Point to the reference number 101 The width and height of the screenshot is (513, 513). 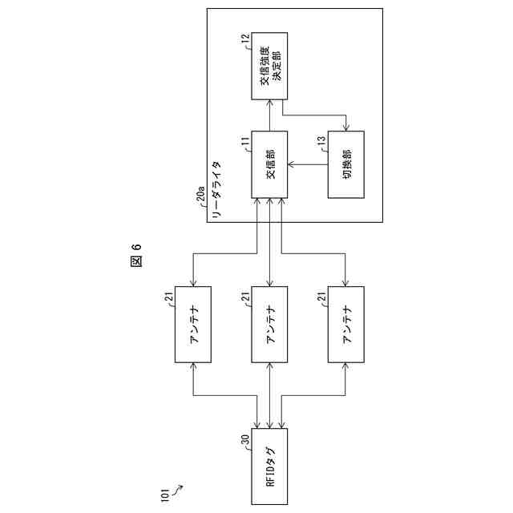point(165,496)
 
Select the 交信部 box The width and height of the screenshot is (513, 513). point(270,165)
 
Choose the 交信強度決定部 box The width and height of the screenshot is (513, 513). point(270,67)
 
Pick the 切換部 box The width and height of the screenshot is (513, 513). point(345,165)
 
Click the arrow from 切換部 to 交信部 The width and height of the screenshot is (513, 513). point(308,165)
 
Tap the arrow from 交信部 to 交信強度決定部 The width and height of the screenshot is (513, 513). point(270,115)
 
